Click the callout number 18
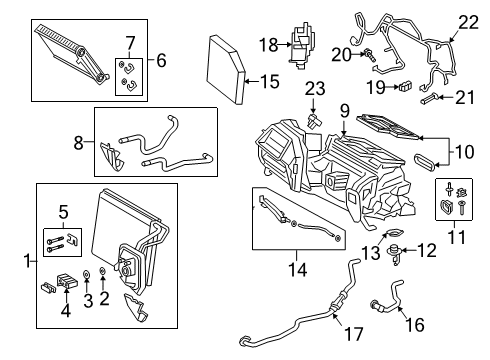(x=267, y=45)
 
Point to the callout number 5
(x=62, y=211)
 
